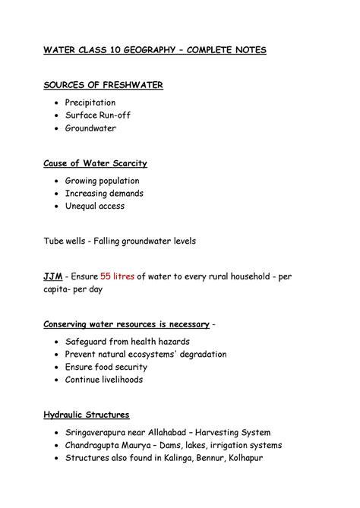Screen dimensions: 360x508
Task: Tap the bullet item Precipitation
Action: click(90, 102)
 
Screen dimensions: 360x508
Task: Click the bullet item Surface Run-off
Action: click(99, 115)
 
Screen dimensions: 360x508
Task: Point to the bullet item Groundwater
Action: click(90, 129)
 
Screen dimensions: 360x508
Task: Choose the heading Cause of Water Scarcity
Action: click(94, 163)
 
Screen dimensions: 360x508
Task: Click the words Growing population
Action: click(102, 181)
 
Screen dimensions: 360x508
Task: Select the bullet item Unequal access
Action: click(94, 206)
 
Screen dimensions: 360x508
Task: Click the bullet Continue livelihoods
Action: click(103, 380)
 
